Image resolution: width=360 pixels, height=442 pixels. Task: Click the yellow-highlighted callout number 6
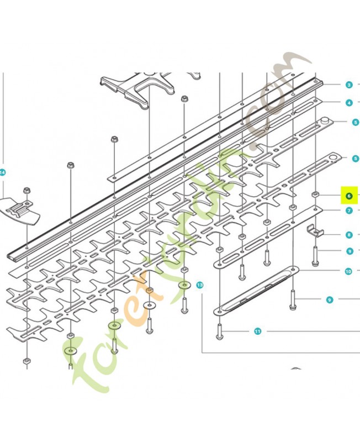click(349, 196)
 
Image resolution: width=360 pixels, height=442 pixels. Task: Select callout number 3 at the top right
click(349, 85)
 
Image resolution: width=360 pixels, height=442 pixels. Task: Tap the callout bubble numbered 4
click(349, 103)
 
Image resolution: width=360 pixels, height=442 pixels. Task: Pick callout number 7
click(349, 211)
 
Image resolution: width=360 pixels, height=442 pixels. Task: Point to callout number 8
click(349, 234)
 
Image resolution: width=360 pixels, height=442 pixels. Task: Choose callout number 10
click(348, 271)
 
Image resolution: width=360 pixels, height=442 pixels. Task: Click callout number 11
click(257, 331)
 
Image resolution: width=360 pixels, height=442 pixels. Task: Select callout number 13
click(200, 285)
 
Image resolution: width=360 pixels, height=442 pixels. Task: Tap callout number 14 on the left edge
click(2, 172)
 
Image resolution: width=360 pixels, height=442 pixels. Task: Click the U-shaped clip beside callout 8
click(315, 230)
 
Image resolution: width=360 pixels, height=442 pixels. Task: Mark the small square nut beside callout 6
click(315, 194)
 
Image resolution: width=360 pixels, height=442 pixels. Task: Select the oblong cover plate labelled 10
click(257, 291)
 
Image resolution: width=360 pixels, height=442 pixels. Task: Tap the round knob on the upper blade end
click(325, 120)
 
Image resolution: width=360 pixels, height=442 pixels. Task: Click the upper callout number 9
click(350, 251)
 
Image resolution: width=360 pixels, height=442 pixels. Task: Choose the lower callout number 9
click(329, 299)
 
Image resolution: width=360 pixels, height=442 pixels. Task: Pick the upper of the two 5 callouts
click(356, 122)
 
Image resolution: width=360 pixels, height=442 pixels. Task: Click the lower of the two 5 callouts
click(356, 159)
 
